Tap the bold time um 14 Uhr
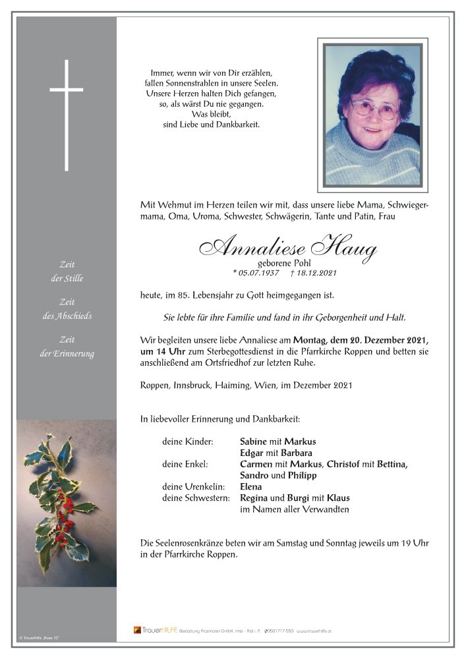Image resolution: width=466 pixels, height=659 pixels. coord(164,351)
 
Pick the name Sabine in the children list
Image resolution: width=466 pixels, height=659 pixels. coord(254,442)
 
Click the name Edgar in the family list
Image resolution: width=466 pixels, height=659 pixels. coord(253,453)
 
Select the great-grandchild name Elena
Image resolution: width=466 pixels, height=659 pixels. coord(252,487)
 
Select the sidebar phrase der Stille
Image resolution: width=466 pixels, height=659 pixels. coord(67,279)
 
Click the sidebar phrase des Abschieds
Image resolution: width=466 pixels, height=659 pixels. coord(67,316)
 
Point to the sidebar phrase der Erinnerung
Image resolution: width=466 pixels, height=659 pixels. coord(67,353)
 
